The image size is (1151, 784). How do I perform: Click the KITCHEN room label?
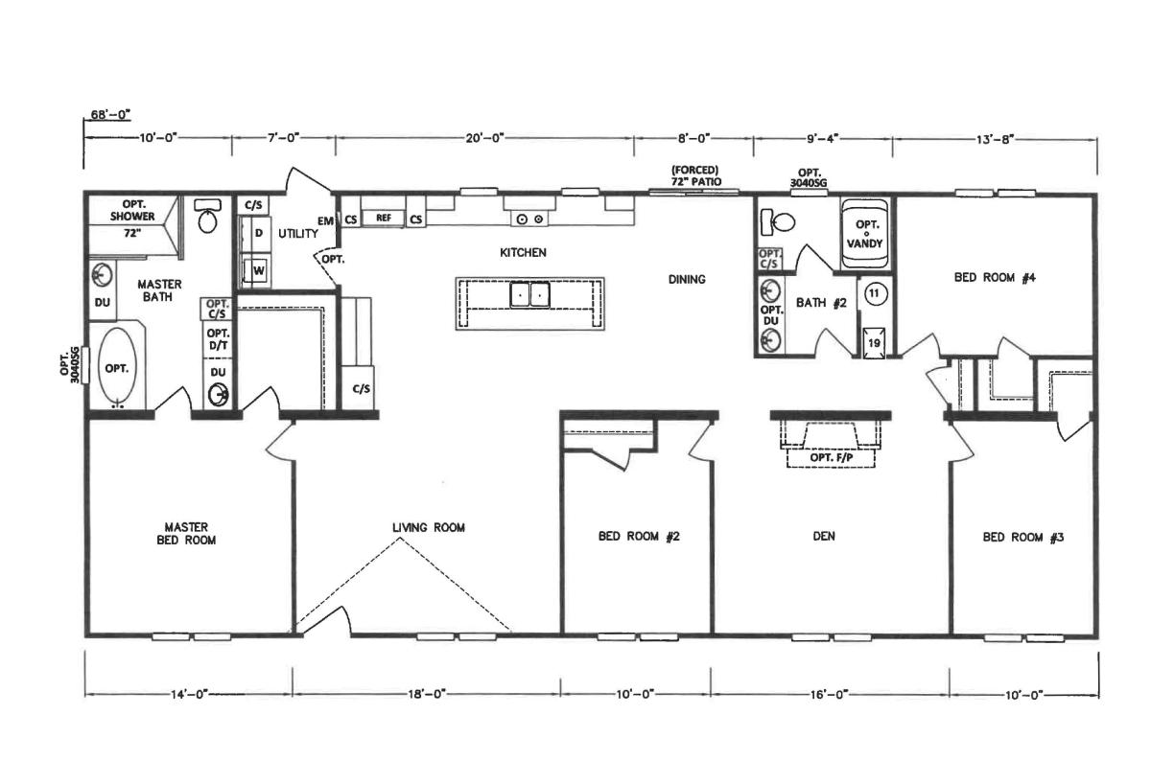[x=523, y=253]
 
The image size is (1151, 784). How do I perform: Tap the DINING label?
[x=687, y=279]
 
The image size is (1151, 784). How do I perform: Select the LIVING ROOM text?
[x=429, y=527]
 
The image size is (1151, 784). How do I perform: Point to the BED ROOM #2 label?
[x=639, y=537]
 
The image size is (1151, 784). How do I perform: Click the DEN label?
[x=824, y=536]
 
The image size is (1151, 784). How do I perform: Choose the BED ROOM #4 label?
[x=995, y=278]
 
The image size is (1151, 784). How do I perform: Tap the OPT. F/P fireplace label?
[x=832, y=457]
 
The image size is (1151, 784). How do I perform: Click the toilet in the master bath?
[x=207, y=216]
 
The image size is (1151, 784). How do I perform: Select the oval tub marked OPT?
[x=117, y=368]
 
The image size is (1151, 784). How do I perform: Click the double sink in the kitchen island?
[x=529, y=295]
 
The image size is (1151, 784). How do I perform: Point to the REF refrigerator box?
[x=384, y=219]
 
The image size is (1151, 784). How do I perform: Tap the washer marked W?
[x=257, y=270]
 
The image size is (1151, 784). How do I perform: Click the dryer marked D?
[x=257, y=234]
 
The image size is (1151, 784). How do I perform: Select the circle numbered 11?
[x=874, y=294]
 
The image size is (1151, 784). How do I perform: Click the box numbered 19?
[x=874, y=342]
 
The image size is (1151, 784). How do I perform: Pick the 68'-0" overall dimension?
[x=110, y=114]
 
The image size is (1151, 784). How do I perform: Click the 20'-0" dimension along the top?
[x=484, y=138]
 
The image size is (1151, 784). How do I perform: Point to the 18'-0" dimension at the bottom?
[x=427, y=694]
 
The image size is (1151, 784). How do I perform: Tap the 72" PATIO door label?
[x=696, y=181]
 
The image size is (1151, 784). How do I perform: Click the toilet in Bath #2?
[x=778, y=221]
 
